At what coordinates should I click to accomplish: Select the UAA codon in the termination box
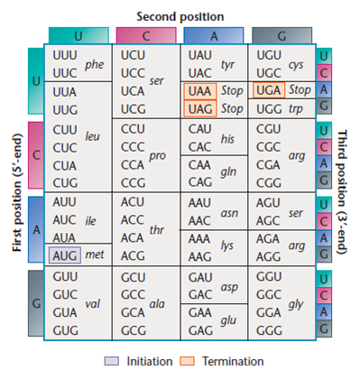tap(198, 92)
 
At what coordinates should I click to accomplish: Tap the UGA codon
tap(269, 92)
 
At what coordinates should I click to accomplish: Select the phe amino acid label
tap(94, 65)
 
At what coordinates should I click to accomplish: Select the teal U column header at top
tap(77, 35)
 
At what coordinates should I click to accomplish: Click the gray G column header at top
tap(281, 35)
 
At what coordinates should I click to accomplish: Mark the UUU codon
tap(65, 55)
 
